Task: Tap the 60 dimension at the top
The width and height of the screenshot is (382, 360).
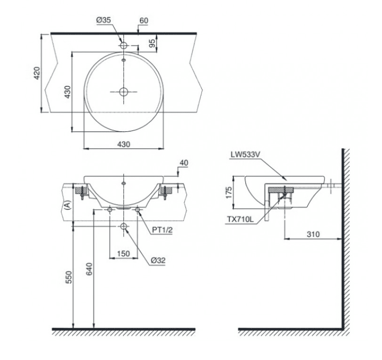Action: click(143, 20)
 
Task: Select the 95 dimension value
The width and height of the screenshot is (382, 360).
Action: click(152, 43)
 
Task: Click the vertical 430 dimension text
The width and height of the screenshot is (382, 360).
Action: click(68, 92)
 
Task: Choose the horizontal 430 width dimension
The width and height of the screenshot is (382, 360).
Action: click(123, 144)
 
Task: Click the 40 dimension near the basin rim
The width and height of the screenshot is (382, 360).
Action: click(184, 162)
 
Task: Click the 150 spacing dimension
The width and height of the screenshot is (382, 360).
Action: click(123, 253)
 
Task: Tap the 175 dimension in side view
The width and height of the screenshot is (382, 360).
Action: click(227, 193)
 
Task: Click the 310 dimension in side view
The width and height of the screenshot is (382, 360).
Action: click(313, 235)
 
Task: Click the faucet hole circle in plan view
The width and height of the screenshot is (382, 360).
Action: click(124, 45)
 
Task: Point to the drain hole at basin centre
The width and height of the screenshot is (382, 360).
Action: click(124, 92)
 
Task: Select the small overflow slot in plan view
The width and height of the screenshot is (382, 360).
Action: click(124, 59)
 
